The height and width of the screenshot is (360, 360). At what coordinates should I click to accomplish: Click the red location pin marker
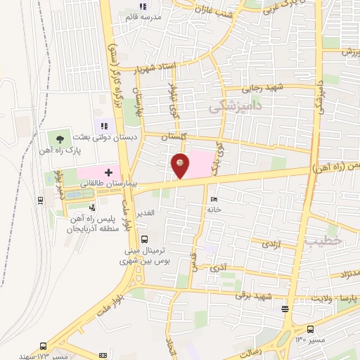click(181, 165)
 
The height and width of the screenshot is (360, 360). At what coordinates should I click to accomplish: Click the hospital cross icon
click(108, 172)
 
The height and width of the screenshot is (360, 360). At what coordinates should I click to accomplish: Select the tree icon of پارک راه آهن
click(61, 139)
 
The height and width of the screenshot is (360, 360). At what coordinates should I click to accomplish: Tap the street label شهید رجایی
click(262, 89)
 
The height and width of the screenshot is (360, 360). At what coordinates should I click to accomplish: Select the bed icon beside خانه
click(214, 199)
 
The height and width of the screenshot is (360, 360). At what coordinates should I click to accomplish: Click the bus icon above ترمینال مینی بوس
click(144, 239)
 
